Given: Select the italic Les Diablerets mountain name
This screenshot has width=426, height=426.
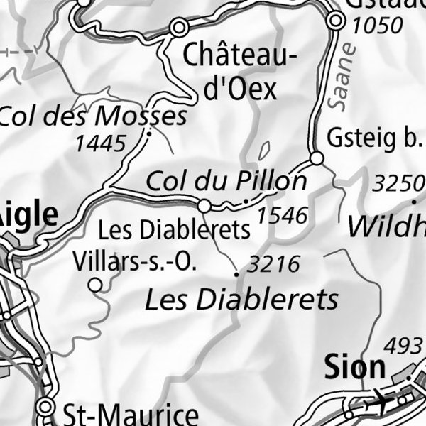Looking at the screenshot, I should [x=241, y=300].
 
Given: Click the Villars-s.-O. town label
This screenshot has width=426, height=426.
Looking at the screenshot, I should [x=134, y=262].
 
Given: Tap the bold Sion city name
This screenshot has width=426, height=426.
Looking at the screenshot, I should [x=354, y=367].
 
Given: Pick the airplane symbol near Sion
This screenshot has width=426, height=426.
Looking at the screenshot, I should [x=377, y=403].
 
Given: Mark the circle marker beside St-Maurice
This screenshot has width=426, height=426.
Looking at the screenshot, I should [x=47, y=407].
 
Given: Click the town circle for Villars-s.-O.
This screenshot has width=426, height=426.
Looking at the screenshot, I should [x=95, y=285].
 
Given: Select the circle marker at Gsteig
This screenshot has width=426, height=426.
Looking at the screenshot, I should [x=317, y=158].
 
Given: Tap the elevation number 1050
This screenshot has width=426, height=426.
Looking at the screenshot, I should [x=377, y=26].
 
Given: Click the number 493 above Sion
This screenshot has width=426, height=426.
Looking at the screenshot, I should [x=403, y=347].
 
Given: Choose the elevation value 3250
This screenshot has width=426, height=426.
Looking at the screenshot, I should [x=398, y=184].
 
